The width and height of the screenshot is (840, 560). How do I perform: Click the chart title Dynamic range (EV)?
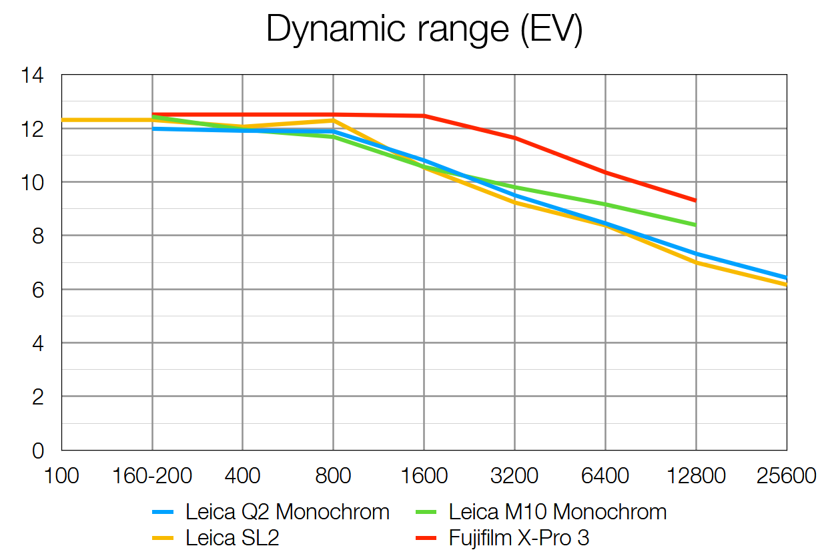point(424,29)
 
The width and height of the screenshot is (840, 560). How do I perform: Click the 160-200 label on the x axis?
point(152,477)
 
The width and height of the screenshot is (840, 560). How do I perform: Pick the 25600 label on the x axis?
point(787,477)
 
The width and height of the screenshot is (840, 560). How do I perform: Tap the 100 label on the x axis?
point(61,477)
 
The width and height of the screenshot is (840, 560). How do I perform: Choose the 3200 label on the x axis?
point(514,477)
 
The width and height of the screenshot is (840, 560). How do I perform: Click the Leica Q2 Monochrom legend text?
point(288,513)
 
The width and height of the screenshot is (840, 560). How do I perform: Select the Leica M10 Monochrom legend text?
point(558,513)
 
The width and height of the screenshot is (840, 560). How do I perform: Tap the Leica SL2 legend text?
point(232,538)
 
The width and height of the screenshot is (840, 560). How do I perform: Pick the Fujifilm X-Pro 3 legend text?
point(519,538)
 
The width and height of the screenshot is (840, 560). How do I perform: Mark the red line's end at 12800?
point(695,200)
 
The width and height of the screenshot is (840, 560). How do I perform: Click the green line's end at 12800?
point(695,225)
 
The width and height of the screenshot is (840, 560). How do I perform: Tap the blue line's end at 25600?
point(786,278)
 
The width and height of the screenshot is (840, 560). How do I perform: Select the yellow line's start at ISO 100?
point(63,120)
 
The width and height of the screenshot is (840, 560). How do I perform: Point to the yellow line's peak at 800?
point(333,120)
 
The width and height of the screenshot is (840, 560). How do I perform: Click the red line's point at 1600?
point(424,115)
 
